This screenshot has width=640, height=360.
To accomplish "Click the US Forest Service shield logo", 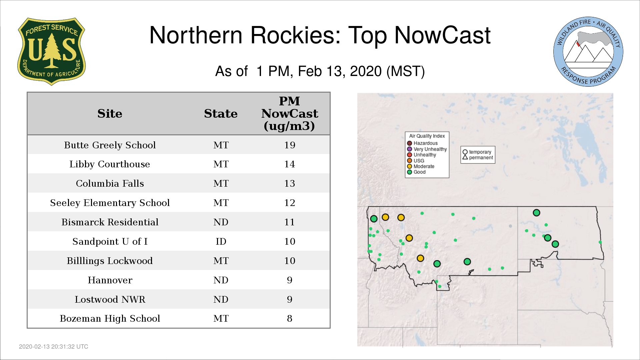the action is coord(51,51).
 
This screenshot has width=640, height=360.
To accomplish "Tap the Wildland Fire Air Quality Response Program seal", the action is coord(588,52).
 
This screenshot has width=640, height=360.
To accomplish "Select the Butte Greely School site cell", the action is coord(110,145).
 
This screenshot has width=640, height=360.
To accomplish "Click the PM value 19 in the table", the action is coord(290,145).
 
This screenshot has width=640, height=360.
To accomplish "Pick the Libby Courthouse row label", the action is coord(110,164).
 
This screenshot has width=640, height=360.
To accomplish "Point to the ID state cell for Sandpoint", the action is coord(221,241).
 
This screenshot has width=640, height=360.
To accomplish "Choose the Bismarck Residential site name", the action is coord(110,222).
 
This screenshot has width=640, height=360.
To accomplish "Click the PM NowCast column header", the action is coord(290,113).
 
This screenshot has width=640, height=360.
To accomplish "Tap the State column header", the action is coord(221,114).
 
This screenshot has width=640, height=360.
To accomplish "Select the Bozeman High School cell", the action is coord(110,318).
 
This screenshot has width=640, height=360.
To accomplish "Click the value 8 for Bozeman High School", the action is coord(290,318).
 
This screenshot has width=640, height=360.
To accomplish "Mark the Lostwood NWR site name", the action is coord(110,299).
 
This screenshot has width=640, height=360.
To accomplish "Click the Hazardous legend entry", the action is coord(422,143).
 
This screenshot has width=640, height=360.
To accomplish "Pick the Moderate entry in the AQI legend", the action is coord(421,166).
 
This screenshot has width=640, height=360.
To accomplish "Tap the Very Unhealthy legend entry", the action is coord(427,149).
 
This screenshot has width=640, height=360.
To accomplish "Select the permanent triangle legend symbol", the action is coord(465,157).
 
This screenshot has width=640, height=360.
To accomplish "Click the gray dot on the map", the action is coord(510,226).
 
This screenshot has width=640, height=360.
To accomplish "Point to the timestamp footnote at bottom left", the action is coord(54,347).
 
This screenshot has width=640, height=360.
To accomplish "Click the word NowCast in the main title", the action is coord(443,35).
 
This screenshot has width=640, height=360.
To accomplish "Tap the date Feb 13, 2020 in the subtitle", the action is coord(340,71).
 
